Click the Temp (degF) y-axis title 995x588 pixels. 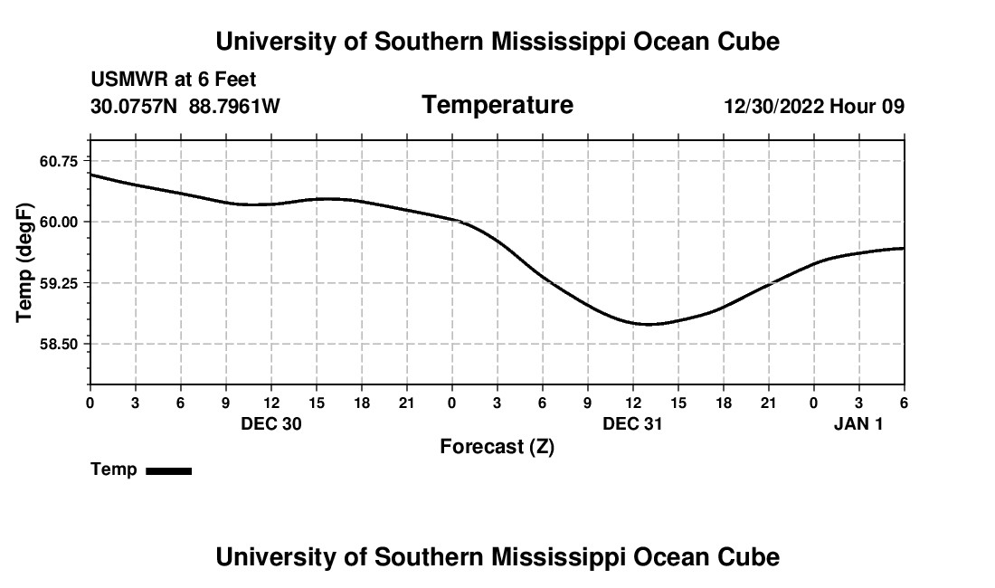pyautogui.click(x=24, y=262)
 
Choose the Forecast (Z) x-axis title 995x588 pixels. pyautogui.click(x=497, y=446)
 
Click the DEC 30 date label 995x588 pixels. pyautogui.click(x=271, y=423)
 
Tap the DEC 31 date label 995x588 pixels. pyautogui.click(x=633, y=423)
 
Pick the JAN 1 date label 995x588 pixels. pyautogui.click(x=858, y=423)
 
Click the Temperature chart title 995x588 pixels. pyautogui.click(x=497, y=105)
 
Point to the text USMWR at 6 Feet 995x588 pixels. pyautogui.click(x=174, y=80)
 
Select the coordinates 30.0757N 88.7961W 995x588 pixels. pyautogui.click(x=185, y=107)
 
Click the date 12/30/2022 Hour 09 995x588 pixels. pyautogui.click(x=814, y=107)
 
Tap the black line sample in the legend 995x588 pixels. pyautogui.click(x=168, y=470)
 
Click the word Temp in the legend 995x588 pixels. pyautogui.click(x=114, y=469)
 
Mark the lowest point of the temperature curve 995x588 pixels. pyautogui.click(x=649, y=324)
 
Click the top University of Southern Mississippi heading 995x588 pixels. pyautogui.click(x=497, y=42)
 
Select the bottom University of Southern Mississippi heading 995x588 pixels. pyautogui.click(x=497, y=557)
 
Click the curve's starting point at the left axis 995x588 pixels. pyautogui.click(x=90, y=175)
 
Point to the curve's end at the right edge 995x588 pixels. pyautogui.click(x=904, y=248)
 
